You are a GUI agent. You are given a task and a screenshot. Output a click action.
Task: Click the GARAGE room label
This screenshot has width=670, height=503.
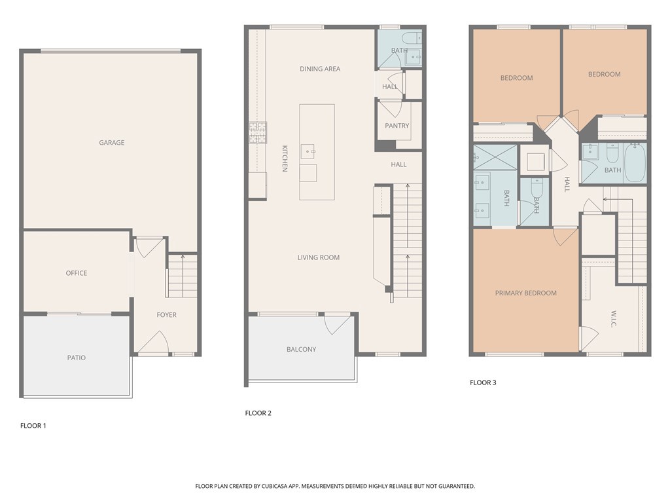[x=111, y=143]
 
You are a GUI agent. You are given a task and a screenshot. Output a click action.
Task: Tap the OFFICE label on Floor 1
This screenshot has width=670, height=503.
[x=76, y=273]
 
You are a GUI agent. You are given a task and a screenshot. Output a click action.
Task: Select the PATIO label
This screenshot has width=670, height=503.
[x=76, y=358]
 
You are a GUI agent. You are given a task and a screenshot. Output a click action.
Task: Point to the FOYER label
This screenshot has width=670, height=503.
[x=166, y=315]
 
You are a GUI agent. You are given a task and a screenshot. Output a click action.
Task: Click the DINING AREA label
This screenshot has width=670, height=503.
[x=320, y=69]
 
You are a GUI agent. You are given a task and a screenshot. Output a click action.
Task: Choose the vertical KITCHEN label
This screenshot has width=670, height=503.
[x=285, y=158]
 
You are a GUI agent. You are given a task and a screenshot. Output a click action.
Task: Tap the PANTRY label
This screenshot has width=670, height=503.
[x=397, y=126]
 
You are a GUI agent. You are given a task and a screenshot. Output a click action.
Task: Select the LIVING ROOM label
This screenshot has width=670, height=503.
[x=319, y=257]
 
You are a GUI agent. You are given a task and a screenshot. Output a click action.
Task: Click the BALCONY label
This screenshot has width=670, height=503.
[x=301, y=349]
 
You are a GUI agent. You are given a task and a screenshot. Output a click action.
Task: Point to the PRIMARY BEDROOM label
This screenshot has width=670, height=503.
[x=525, y=293]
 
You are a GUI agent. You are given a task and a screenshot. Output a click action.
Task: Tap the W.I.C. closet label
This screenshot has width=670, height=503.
[x=614, y=320]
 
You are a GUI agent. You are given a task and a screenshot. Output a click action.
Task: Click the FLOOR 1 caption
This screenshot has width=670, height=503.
[x=33, y=426]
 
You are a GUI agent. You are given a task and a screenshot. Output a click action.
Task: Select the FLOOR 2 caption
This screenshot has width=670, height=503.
[x=258, y=413]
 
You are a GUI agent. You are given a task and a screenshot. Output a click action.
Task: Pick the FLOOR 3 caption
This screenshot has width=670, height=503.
[x=483, y=382]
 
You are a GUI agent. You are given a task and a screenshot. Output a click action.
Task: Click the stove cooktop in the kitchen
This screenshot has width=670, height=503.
[x=257, y=132]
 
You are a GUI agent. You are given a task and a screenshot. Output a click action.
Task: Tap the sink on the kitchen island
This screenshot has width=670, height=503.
[x=309, y=151]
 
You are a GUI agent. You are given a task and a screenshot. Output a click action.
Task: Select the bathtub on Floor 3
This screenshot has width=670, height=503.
[x=635, y=162]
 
